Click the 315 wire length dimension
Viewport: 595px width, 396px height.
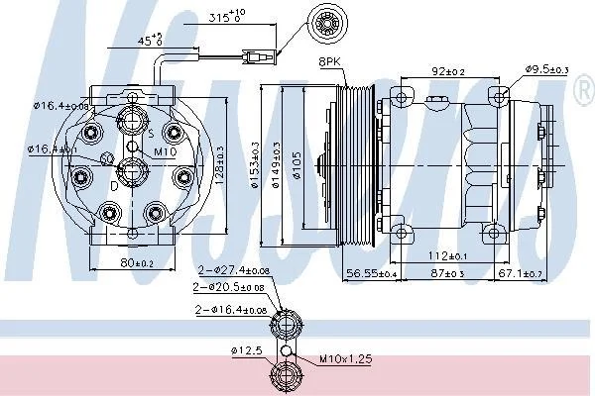pos(228,17)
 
